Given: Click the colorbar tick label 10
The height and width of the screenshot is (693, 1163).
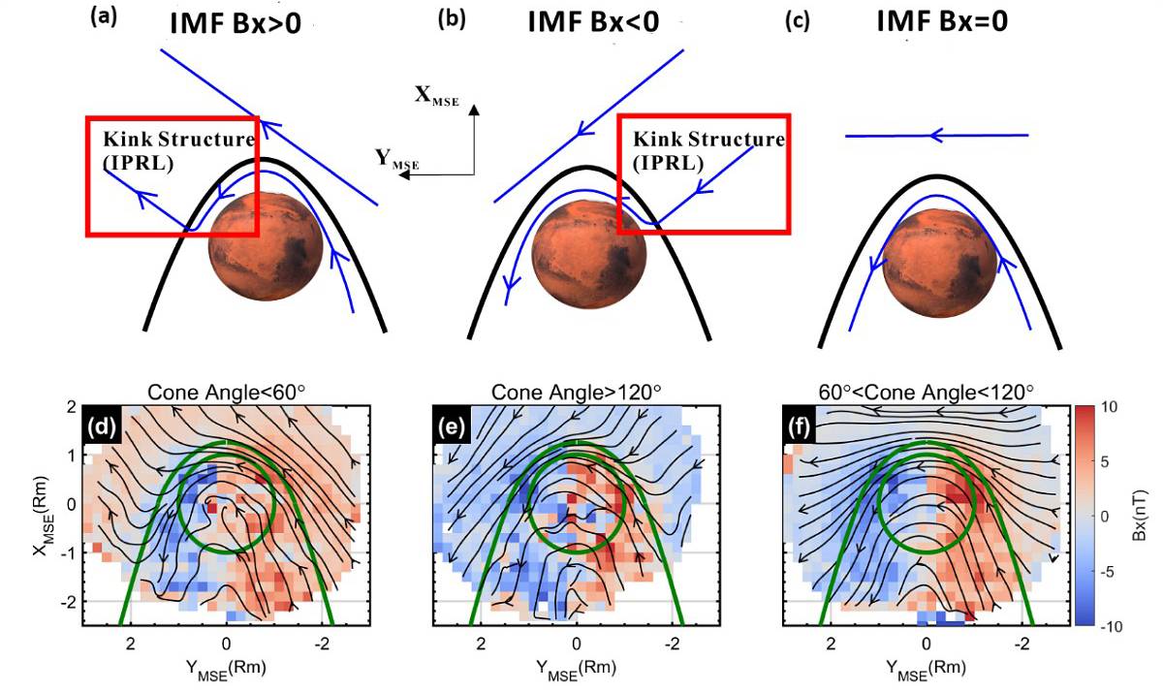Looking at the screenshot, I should point(1112,409).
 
